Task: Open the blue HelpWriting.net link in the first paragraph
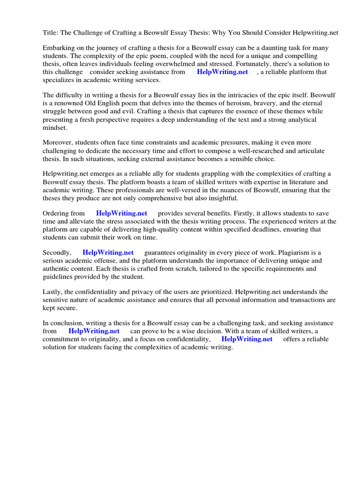222,72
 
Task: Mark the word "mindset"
55,127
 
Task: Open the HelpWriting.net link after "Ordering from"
121,213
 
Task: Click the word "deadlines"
269,229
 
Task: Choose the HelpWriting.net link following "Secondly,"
108,253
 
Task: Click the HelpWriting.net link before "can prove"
94,331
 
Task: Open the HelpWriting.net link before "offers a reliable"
247,339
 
